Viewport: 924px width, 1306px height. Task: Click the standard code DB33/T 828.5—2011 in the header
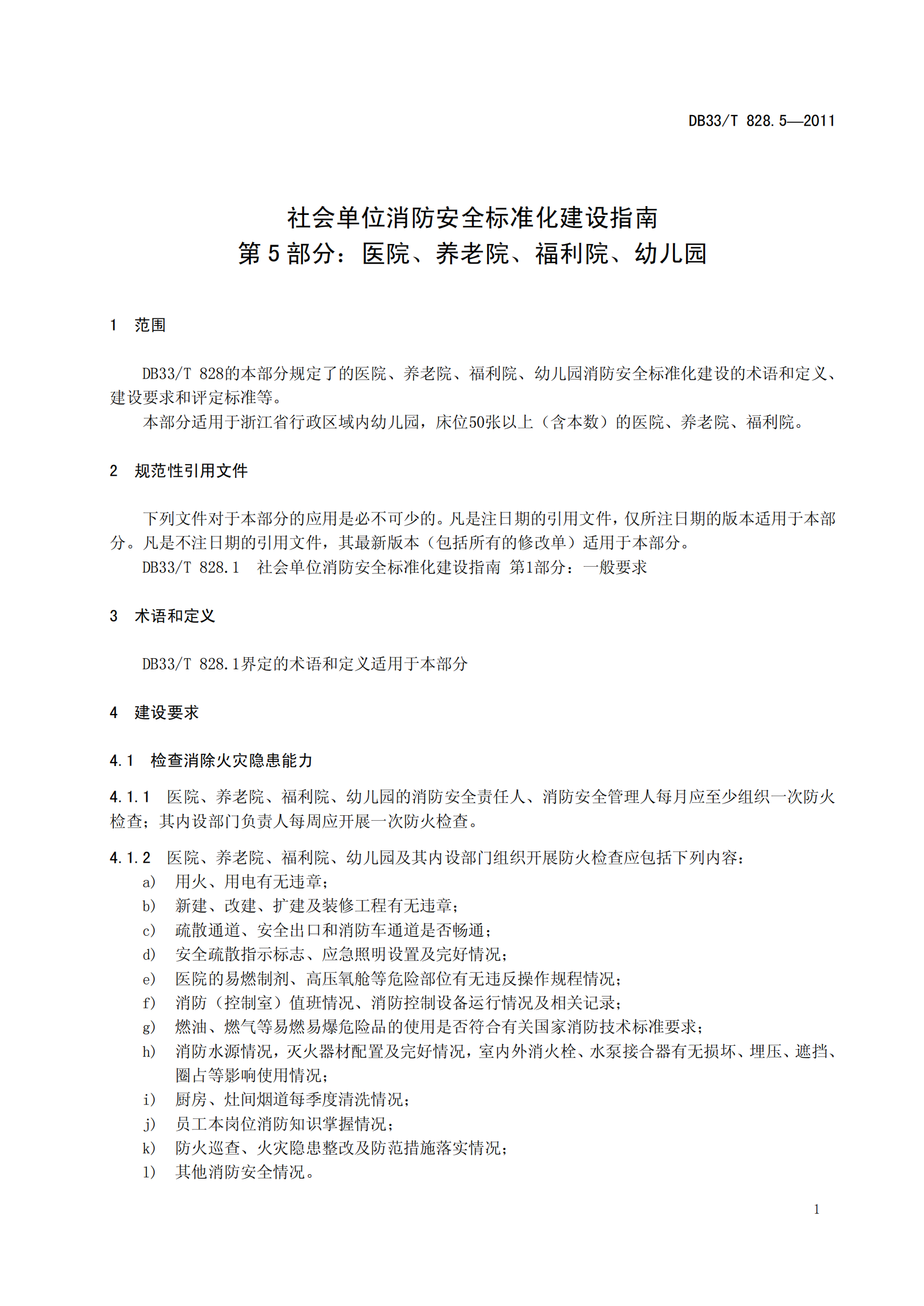click(x=761, y=121)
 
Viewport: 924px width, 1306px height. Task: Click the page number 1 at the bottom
click(x=817, y=1209)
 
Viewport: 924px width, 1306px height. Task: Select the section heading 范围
click(x=150, y=325)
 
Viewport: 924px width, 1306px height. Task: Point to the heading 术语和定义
click(x=174, y=615)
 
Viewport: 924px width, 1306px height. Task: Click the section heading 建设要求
click(x=166, y=712)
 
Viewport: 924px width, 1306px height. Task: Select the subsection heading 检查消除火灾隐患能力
click(x=232, y=760)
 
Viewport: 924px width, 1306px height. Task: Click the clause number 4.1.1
click(x=130, y=797)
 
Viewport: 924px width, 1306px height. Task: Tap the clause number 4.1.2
click(x=130, y=857)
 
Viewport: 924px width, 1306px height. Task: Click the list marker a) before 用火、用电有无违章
click(x=149, y=882)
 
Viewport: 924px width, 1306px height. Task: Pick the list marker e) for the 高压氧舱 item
click(x=149, y=979)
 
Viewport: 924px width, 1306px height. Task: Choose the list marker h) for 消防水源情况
click(x=149, y=1052)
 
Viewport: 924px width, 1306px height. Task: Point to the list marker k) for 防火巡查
click(x=149, y=1149)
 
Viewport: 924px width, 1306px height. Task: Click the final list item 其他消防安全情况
click(x=245, y=1173)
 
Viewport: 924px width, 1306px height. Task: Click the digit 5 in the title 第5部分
click(x=274, y=253)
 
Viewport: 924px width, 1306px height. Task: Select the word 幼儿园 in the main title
click(x=671, y=253)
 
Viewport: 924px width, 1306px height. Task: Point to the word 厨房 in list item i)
click(x=191, y=1099)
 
